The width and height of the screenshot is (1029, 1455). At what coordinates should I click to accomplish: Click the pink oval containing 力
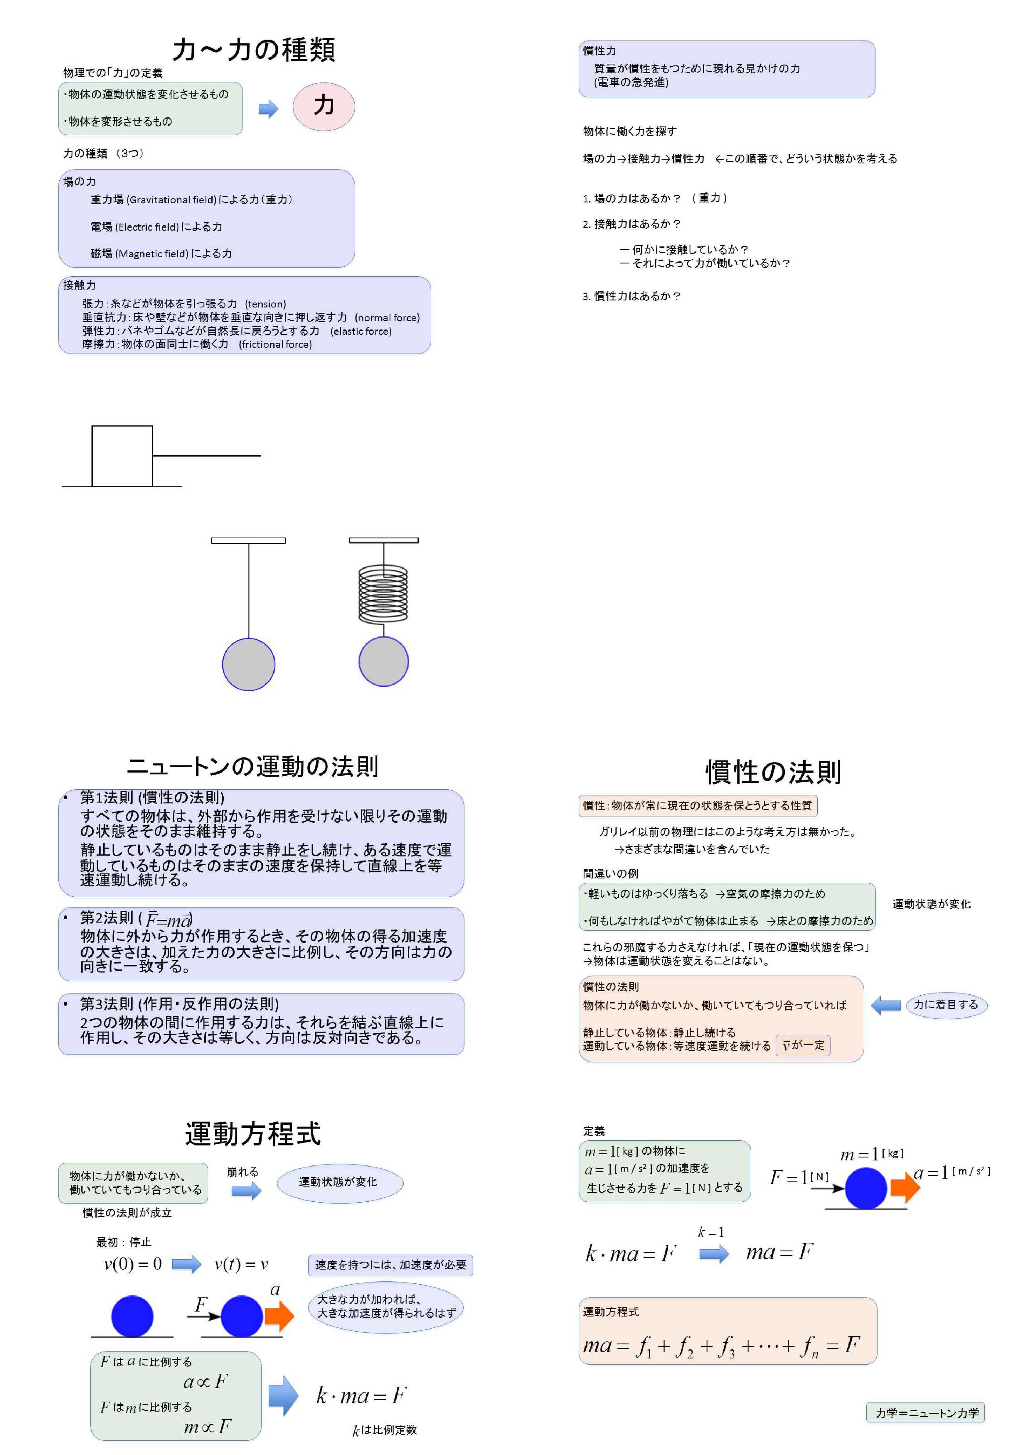(x=323, y=107)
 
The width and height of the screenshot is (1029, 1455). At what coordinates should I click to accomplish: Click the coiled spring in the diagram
(x=383, y=594)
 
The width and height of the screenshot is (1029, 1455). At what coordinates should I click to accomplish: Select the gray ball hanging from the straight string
(x=249, y=664)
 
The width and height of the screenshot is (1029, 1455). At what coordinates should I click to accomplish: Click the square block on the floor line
(x=122, y=456)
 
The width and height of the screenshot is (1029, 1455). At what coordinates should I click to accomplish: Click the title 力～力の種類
(x=254, y=49)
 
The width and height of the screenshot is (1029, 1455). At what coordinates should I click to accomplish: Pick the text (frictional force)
(x=275, y=344)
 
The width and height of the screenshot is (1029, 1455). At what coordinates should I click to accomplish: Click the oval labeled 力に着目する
(x=946, y=1004)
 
